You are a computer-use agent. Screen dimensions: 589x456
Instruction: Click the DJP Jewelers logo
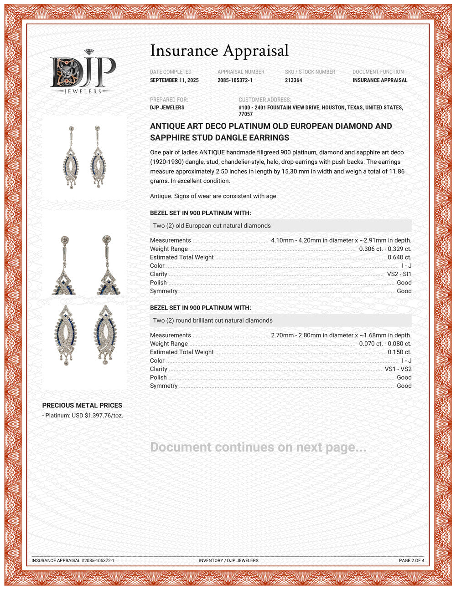coord(83,72)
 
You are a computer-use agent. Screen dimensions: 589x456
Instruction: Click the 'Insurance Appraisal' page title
coord(219,51)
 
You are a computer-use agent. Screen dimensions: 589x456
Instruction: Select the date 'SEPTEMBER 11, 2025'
coord(174,81)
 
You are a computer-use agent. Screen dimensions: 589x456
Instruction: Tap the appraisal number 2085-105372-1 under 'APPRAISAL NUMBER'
coord(235,81)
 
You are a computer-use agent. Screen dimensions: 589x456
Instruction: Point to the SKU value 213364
coord(293,81)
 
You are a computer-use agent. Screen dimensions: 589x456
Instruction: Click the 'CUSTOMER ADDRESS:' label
coord(264,100)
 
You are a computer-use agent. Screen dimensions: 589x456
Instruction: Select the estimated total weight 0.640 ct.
coord(399,257)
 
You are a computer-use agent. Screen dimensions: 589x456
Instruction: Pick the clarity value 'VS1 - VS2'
coord(398,369)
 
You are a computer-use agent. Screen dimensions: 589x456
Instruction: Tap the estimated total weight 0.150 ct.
coord(399,352)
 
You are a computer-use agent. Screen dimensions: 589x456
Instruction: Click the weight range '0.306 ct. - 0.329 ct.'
coord(385,249)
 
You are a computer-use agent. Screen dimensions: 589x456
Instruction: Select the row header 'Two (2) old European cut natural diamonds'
coord(212,226)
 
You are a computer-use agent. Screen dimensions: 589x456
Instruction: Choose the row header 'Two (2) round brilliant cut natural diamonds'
coord(213,320)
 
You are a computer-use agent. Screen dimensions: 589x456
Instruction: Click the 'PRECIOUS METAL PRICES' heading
coord(82,405)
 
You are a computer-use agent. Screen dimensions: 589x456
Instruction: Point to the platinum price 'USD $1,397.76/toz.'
coord(98,416)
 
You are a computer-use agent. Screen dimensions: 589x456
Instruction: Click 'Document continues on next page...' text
coord(258,447)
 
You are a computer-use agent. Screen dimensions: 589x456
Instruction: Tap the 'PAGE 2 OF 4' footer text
coord(411,560)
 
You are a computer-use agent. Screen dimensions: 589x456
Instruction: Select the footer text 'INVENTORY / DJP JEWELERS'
coord(228,560)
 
